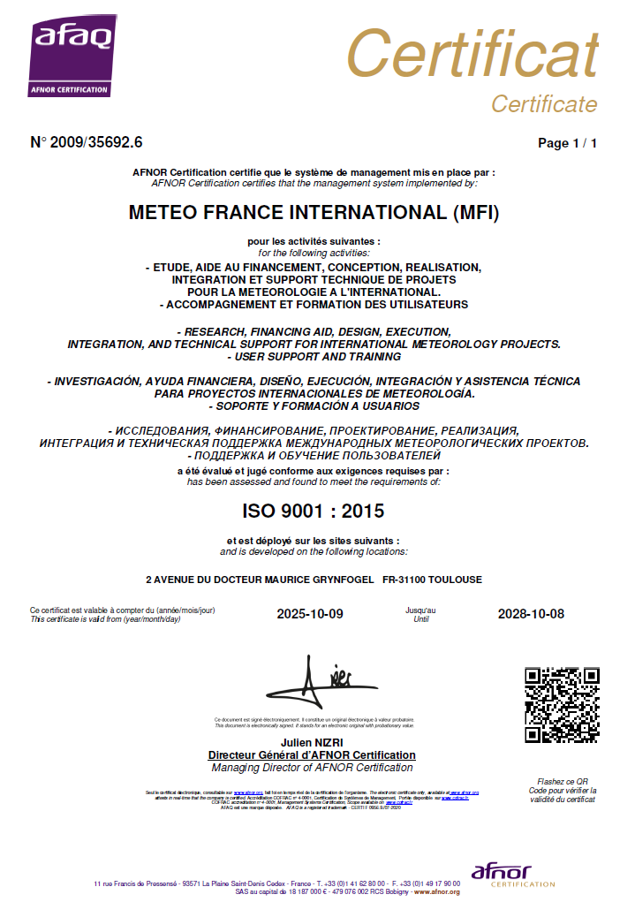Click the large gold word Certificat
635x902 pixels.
(472, 54)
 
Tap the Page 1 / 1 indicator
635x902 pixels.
(567, 143)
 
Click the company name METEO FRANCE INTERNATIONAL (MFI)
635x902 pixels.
(314, 213)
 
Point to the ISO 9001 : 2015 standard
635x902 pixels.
(314, 511)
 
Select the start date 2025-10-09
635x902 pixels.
(309, 614)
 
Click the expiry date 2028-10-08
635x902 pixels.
(531, 614)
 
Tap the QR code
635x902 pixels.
(562, 704)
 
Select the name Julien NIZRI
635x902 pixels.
(312, 743)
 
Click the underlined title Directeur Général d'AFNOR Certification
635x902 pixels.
(312, 755)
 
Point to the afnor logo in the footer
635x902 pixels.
(500, 874)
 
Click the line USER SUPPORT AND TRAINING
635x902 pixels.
(314, 356)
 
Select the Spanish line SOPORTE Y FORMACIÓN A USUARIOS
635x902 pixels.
(314, 406)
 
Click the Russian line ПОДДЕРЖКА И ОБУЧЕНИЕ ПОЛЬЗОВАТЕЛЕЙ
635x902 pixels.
(314, 455)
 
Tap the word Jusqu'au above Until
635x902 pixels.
(420, 610)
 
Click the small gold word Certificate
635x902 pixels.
(544, 104)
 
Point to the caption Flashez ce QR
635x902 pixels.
(563, 781)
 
